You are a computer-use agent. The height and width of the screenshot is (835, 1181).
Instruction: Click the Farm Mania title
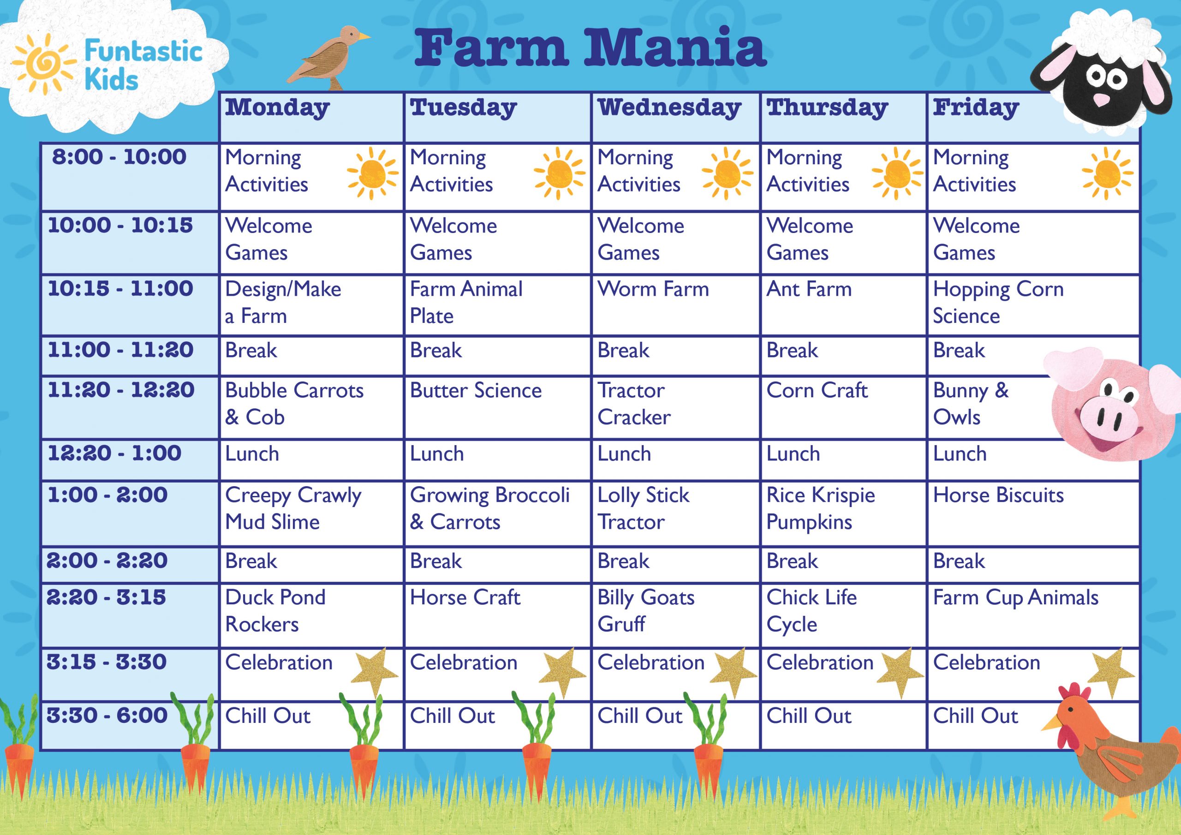pos(590,48)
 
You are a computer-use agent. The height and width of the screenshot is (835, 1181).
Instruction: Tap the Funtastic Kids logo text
pos(143,66)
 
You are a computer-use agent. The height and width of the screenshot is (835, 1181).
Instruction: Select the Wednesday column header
pos(669,108)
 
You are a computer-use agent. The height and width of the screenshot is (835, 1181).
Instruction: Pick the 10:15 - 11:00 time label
pos(120,289)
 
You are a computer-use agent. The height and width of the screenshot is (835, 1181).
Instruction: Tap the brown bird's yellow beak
pos(364,36)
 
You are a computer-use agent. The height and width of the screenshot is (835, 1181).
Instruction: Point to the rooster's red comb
pos(1075,695)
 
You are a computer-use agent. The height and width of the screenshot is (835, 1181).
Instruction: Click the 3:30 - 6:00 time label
pos(107,715)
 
